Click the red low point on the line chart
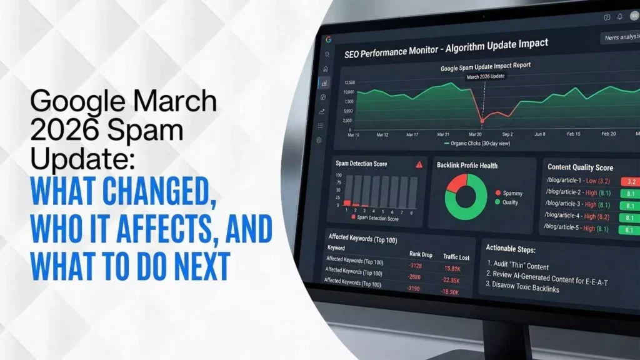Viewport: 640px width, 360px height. (482, 120)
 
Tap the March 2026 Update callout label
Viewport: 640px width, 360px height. (486, 76)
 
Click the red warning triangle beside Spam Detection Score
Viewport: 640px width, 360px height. (419, 164)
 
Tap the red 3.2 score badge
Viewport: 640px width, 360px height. (628, 182)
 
